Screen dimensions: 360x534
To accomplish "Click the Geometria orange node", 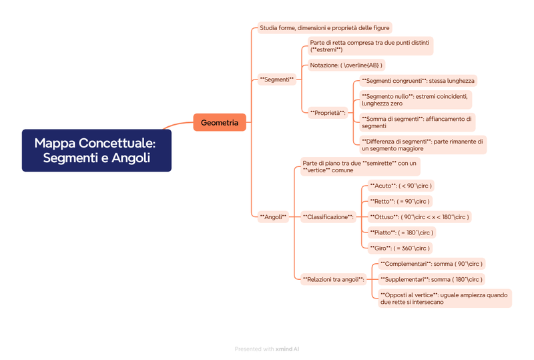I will click(x=220, y=122).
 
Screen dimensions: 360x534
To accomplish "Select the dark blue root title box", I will click(x=96, y=150).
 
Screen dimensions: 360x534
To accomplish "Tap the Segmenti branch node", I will click(x=276, y=79).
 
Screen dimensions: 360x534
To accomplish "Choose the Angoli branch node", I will click(x=272, y=216).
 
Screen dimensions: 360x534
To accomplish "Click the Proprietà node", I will click(x=327, y=112).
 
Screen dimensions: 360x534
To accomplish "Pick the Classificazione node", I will click(x=328, y=216).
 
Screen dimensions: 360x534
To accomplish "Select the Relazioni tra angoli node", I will click(x=333, y=279).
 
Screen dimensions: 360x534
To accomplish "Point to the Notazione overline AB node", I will click(x=346, y=65).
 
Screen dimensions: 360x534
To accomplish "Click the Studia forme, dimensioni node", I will click(x=324, y=28).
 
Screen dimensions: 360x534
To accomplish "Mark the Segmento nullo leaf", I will click(x=424, y=100).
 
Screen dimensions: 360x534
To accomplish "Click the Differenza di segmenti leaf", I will click(x=423, y=145).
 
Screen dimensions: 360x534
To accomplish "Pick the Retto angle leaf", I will click(x=400, y=201).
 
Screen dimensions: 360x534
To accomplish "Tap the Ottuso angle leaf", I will click(x=419, y=216).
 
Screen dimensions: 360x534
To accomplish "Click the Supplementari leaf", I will click(x=431, y=279).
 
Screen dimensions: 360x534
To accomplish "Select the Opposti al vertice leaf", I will click(x=444, y=298).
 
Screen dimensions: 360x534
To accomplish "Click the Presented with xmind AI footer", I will click(x=266, y=349).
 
